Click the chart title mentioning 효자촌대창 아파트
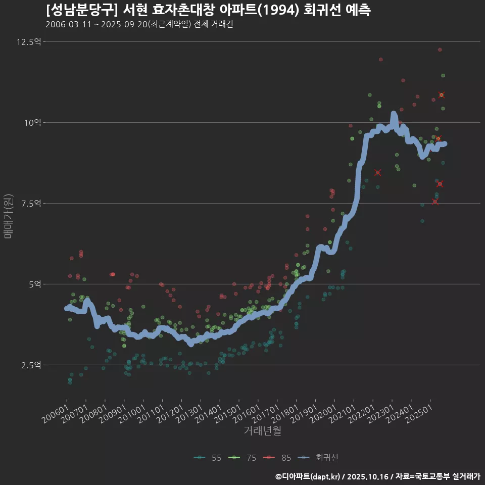[x=208, y=10]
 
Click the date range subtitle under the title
[x=139, y=25]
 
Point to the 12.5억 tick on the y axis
[x=28, y=42]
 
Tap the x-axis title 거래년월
[x=262, y=430]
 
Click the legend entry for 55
[x=208, y=458]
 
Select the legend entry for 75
[x=243, y=458]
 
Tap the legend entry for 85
[x=278, y=458]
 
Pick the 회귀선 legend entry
[x=318, y=458]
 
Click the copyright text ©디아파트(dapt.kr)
[x=308, y=476]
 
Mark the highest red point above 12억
[x=440, y=50]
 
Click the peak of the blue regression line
[x=394, y=114]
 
